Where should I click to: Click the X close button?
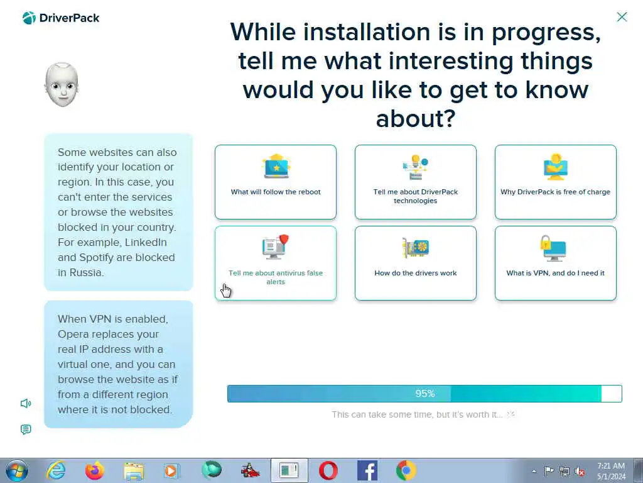coord(622,17)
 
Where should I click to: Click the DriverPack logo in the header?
coord(61,18)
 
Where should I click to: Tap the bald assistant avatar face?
coord(62,85)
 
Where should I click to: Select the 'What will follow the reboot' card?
coord(276,182)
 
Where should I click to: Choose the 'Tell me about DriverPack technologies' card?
coord(416,182)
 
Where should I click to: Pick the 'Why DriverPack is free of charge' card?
coord(556,182)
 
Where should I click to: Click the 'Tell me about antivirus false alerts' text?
coord(276,277)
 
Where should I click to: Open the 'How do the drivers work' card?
coord(416,264)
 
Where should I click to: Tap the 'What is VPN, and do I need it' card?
coord(556,264)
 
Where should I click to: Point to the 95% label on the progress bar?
coord(425,394)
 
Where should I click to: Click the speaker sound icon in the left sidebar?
coord(26,403)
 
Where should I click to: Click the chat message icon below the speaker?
coord(26,430)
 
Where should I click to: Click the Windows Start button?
coord(17,470)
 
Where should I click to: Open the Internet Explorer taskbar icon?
coord(56,470)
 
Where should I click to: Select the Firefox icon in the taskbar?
coord(95,470)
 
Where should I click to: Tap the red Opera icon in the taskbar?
coord(328,470)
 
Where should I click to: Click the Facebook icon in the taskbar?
coord(367,470)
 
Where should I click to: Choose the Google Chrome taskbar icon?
coord(406,470)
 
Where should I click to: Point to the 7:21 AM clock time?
coord(610,466)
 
